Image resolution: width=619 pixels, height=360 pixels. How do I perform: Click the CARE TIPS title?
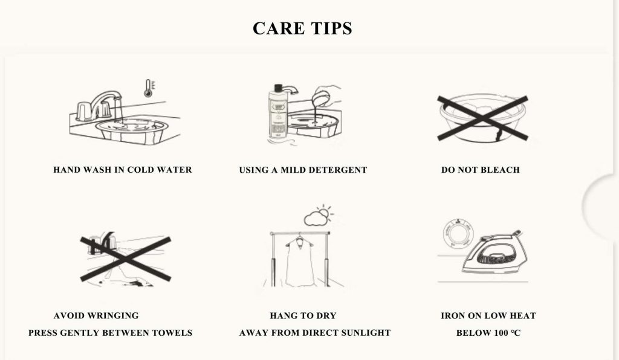[302, 28]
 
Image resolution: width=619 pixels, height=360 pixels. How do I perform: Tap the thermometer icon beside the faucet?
[147, 88]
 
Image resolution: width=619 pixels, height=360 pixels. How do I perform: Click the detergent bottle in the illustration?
[277, 115]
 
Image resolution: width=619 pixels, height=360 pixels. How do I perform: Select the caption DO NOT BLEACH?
[480, 170]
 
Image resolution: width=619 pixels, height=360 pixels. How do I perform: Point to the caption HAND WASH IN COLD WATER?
[123, 170]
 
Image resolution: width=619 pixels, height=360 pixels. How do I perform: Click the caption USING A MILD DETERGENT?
[303, 170]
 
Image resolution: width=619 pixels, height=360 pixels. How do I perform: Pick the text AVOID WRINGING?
[96, 315]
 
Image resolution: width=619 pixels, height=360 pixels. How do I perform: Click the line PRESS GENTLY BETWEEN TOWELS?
[110, 333]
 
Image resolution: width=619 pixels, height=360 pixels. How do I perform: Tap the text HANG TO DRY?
[303, 315]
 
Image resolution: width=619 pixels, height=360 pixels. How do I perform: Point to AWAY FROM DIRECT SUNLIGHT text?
[315, 333]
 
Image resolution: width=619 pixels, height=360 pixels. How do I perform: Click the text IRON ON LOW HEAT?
[488, 315]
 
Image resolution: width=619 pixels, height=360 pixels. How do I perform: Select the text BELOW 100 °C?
[488, 333]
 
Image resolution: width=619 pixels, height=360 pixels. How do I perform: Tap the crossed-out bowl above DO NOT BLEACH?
[482, 118]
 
